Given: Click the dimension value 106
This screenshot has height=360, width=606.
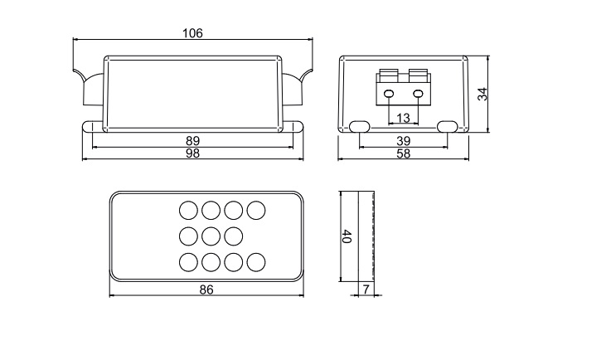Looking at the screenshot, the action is (x=192, y=33).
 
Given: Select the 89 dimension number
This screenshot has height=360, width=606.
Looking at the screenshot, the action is (x=192, y=141).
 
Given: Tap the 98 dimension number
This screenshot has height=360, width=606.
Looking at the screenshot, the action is (x=192, y=153).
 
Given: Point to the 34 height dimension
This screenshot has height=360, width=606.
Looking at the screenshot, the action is (x=482, y=94).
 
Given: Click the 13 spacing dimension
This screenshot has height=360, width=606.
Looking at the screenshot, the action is (x=403, y=118).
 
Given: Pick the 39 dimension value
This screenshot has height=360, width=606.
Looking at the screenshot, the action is (x=403, y=141).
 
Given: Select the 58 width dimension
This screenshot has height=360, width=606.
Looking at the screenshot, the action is (x=403, y=153).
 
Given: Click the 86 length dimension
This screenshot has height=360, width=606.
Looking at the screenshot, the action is (x=206, y=289).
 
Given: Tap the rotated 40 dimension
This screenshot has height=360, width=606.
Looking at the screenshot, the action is (x=347, y=236).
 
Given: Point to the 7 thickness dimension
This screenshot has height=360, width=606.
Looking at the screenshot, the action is (x=366, y=289).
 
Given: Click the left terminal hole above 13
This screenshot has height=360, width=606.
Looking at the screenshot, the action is (x=389, y=94).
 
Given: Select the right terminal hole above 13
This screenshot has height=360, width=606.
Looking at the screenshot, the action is (x=418, y=94).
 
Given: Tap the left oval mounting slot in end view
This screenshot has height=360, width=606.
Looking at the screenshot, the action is (x=360, y=126).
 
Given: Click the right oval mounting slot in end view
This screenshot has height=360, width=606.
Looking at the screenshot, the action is (x=447, y=126).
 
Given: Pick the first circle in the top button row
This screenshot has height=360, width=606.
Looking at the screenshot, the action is (x=189, y=211).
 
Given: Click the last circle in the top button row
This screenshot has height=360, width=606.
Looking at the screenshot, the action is (x=256, y=211).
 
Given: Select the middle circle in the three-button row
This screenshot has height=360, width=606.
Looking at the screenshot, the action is (x=211, y=236).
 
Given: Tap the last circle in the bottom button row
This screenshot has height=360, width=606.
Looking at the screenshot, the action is (x=256, y=262).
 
